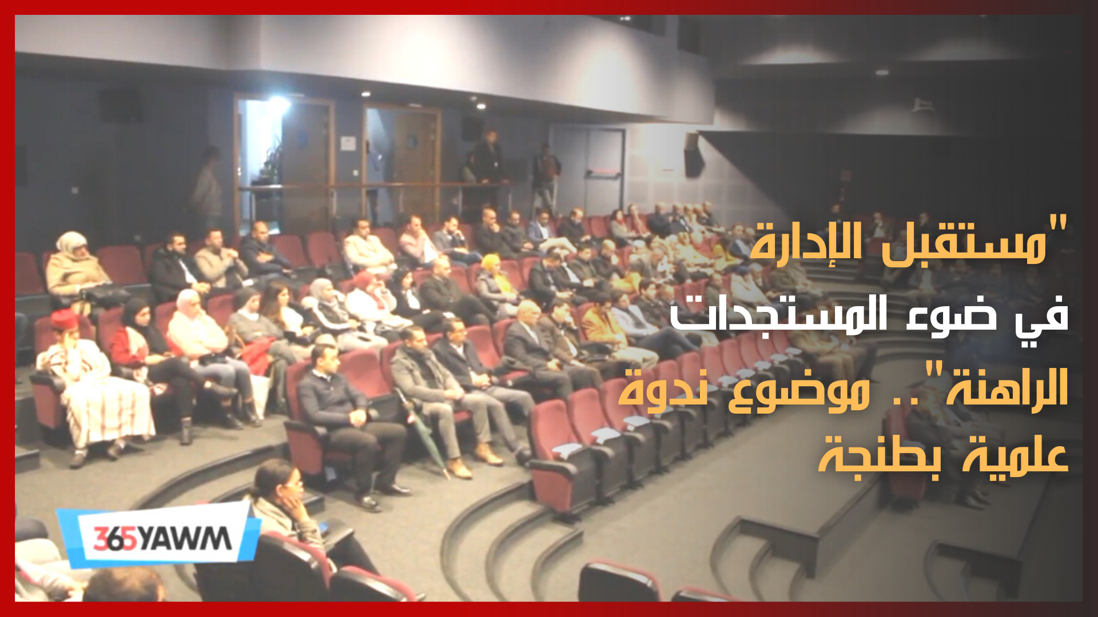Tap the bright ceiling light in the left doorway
[x=279, y=103]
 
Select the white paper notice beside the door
[x=347, y=142]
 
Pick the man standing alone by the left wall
[x=207, y=189]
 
